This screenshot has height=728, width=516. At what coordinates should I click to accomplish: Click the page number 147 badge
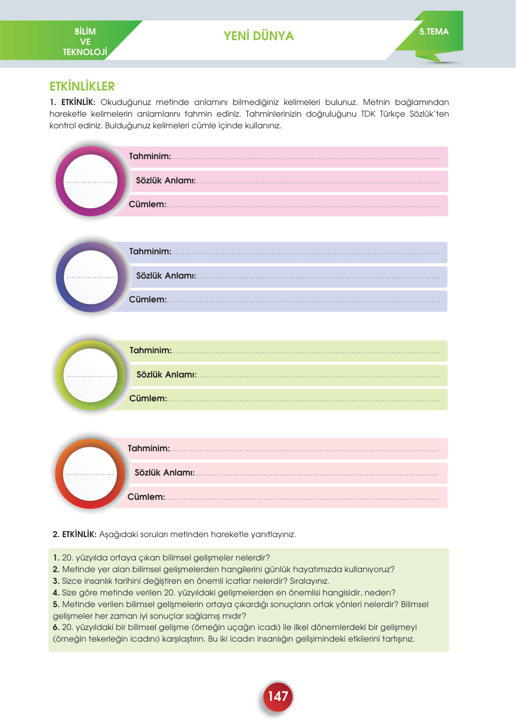click(x=278, y=696)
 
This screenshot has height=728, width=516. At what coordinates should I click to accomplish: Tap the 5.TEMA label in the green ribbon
click(x=434, y=32)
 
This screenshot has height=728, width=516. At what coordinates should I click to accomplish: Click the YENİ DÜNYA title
click(x=258, y=36)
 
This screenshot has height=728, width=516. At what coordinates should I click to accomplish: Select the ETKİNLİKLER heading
click(x=82, y=86)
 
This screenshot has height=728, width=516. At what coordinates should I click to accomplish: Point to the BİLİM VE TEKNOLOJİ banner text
click(x=85, y=42)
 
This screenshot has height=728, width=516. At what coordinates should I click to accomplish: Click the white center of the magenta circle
click(x=91, y=181)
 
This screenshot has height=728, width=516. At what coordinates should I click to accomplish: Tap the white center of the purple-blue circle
click(x=91, y=277)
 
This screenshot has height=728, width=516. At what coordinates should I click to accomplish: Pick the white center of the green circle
click(x=91, y=375)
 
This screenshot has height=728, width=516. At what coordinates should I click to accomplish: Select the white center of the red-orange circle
click(x=90, y=474)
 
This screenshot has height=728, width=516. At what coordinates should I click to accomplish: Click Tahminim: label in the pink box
click(x=150, y=156)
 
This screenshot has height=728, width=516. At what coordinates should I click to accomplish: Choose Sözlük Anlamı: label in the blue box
click(x=166, y=276)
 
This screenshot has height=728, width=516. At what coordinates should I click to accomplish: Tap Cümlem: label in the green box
click(x=148, y=399)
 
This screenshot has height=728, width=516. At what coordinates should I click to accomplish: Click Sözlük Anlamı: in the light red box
click(x=164, y=473)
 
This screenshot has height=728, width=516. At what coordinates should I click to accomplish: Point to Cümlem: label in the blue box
click(x=147, y=300)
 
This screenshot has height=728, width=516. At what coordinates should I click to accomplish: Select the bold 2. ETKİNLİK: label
click(x=75, y=534)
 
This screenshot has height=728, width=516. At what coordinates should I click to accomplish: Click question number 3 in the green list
click(x=56, y=581)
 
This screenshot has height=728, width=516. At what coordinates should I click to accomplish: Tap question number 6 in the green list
click(x=56, y=627)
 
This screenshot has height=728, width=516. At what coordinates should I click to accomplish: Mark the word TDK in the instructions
click(x=368, y=114)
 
